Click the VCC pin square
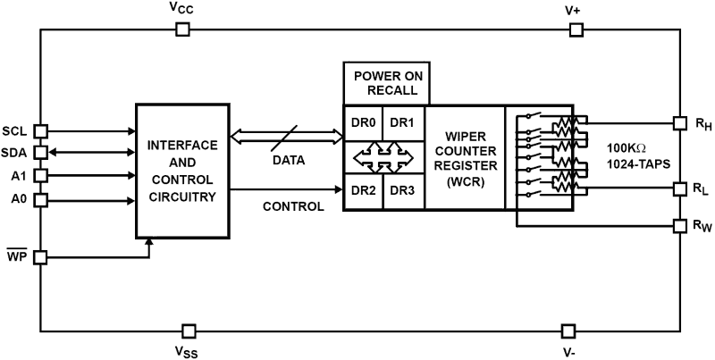click(x=182, y=29)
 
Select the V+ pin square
click(x=577, y=29)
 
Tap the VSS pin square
click(x=187, y=331)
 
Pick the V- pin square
click(x=565, y=331)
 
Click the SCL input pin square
click(x=40, y=130)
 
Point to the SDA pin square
click(x=40, y=152)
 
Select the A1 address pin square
click(x=40, y=175)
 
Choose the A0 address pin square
click(x=40, y=199)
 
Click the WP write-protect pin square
click(x=40, y=259)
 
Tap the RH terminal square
click(x=679, y=122)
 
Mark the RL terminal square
click(x=679, y=188)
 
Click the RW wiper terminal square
click(x=679, y=226)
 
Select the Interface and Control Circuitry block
click(x=181, y=171)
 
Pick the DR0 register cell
click(x=363, y=121)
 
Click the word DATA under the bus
click(x=288, y=161)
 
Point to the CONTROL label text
click(x=293, y=206)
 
